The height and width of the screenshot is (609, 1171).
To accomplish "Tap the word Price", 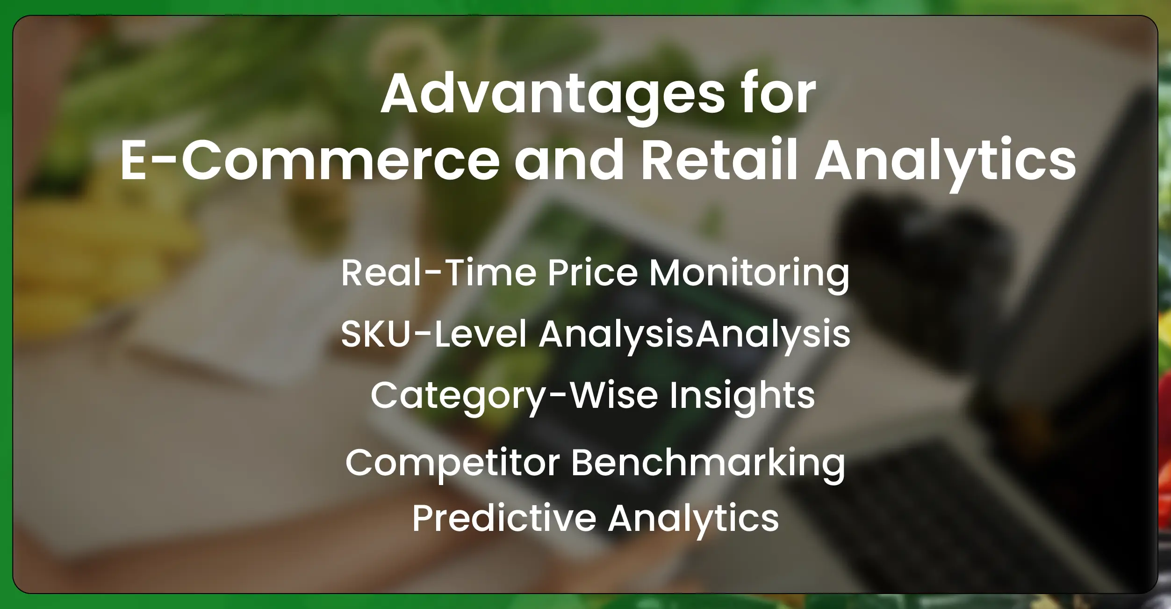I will coord(592,273).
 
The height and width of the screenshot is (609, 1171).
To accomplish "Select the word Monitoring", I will coord(749,274).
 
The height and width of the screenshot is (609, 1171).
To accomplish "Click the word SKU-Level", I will coord(434,334).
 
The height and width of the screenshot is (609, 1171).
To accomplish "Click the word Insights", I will coord(742,396).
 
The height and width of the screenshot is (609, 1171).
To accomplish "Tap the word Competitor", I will coord(453,463).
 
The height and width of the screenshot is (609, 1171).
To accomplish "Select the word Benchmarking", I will coord(708,463).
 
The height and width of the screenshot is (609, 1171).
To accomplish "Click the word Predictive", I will coord(504,518).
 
